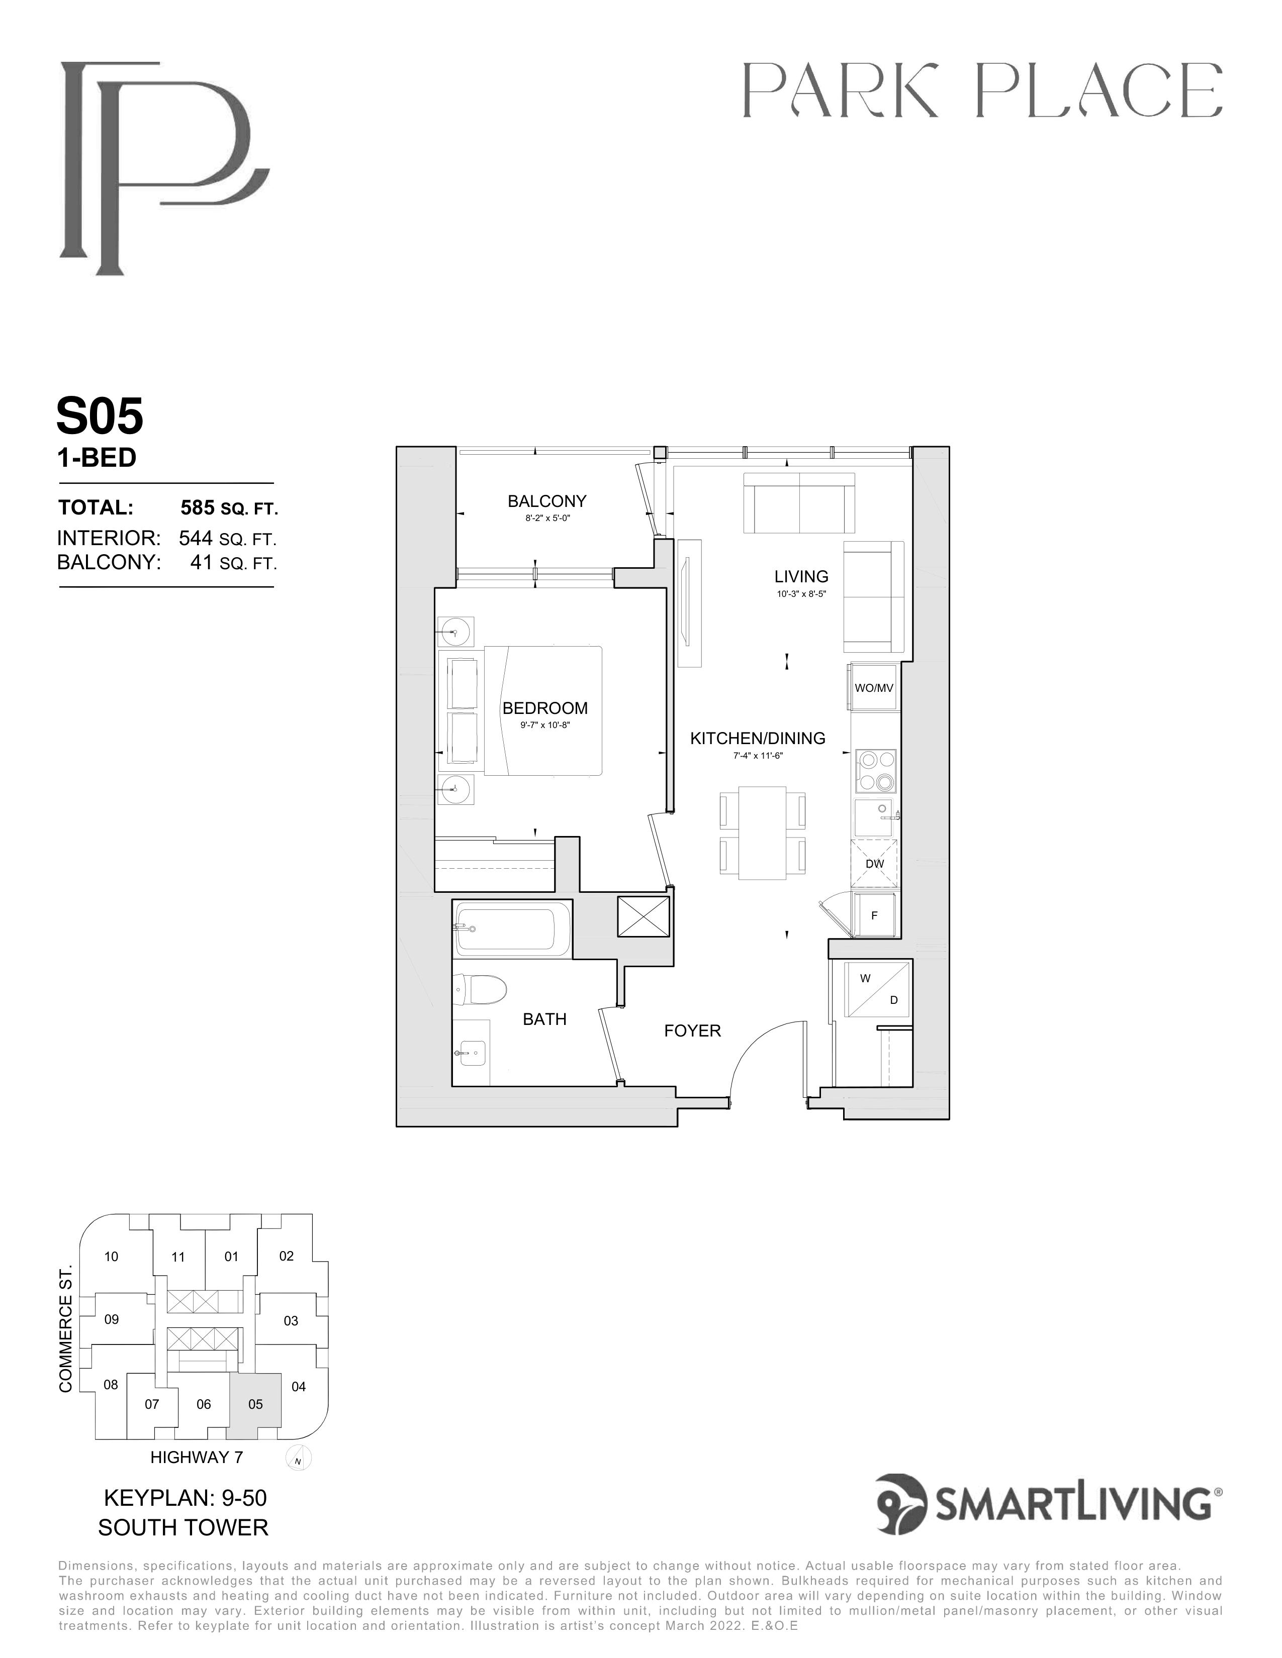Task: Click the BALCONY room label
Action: (547, 501)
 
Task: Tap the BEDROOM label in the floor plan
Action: (544, 708)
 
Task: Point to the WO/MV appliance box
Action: (874, 688)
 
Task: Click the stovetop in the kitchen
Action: (876, 771)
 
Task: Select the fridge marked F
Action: (874, 915)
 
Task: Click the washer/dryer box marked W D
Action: (879, 989)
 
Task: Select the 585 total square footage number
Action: (196, 507)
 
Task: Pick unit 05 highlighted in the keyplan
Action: (255, 1404)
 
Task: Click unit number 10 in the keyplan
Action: (111, 1257)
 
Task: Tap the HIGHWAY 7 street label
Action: (197, 1457)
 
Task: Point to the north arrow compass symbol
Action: (299, 1459)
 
